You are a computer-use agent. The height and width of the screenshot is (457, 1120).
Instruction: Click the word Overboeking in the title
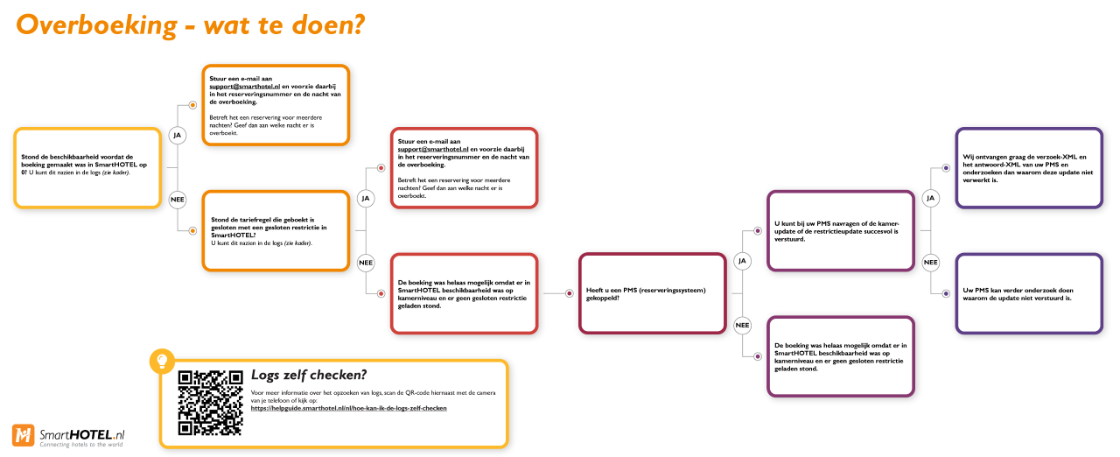pos(96,25)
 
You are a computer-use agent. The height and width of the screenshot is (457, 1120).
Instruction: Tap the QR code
pos(211,403)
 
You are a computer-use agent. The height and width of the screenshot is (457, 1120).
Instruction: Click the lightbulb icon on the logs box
pos(162,361)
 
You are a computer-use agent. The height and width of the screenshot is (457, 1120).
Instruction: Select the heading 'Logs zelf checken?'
pos(309,375)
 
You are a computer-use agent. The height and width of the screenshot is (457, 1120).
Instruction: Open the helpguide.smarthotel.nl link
pos(348,409)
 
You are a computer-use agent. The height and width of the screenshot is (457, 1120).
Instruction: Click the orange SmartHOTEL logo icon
pos(23,435)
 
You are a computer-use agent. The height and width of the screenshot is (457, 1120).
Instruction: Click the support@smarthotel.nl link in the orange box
pos(244,87)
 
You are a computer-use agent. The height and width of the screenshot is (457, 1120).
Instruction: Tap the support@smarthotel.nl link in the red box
pos(433,149)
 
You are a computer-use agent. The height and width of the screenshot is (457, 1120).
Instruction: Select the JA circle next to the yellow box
pos(177,136)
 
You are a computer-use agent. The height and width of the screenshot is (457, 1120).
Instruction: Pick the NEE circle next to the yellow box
pos(178,200)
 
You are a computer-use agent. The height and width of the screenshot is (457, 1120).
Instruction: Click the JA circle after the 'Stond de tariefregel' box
pos(366,199)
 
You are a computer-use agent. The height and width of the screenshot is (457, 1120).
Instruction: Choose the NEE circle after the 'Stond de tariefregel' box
pos(366,263)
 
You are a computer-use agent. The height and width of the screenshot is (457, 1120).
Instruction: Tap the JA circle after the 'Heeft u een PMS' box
pos(742,261)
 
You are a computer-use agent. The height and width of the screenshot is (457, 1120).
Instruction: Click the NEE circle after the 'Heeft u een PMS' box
pos(742,326)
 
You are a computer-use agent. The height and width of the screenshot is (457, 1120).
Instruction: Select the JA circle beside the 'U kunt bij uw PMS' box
pos(930,198)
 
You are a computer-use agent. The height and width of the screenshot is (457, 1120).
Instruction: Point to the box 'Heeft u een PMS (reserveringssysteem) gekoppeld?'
pos(653,293)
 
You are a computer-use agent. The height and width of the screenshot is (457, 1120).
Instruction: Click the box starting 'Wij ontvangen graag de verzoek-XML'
pos(1029,168)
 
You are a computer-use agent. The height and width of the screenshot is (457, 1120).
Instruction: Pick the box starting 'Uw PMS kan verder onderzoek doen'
pos(1029,293)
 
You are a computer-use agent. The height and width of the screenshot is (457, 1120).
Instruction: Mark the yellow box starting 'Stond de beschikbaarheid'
pos(87,168)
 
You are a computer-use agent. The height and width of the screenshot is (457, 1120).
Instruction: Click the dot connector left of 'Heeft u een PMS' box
pos(569,293)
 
